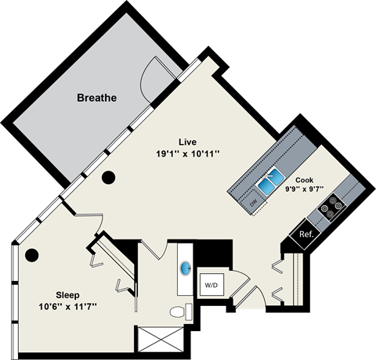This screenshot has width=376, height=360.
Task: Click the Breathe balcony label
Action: point(96,99)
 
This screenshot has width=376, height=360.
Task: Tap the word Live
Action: point(186,142)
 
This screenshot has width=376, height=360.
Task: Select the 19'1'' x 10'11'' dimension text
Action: point(186,154)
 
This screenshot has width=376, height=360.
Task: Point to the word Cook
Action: point(305,179)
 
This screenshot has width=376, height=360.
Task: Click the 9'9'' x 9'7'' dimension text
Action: point(305,189)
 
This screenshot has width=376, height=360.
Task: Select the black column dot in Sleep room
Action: point(32,254)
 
